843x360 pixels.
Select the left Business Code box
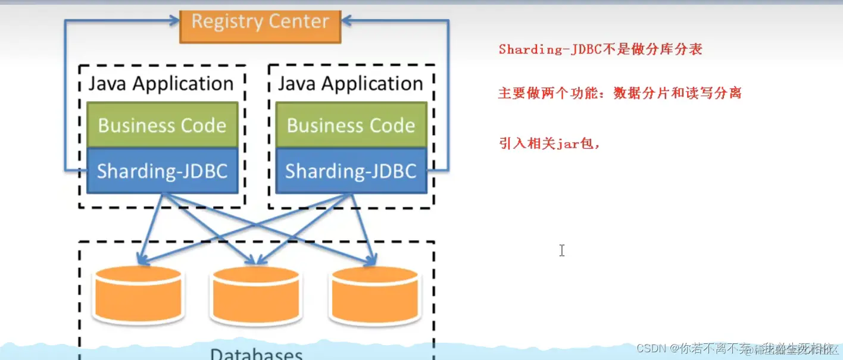click(162, 125)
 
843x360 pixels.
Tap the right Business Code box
click(351, 125)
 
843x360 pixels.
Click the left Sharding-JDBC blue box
click(162, 171)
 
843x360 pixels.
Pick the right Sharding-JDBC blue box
click(351, 171)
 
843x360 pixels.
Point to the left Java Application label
click(161, 83)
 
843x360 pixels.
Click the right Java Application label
click(351, 83)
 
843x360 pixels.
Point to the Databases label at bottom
click(256, 354)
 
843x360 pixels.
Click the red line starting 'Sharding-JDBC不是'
click(600, 49)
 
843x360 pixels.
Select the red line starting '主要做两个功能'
click(619, 93)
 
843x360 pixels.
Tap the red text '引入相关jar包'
click(548, 143)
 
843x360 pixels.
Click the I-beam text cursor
click(561, 251)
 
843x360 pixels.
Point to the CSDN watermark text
click(737, 348)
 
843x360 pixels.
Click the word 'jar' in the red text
click(567, 144)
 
